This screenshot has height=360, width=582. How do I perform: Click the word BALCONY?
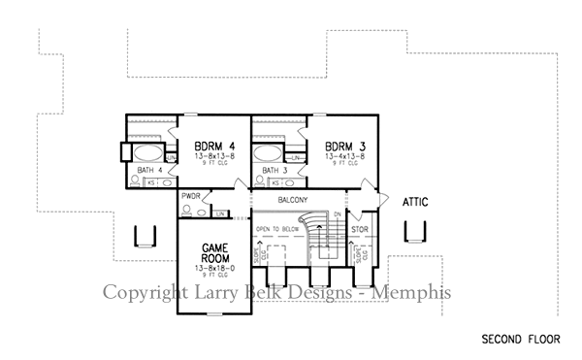[293, 200]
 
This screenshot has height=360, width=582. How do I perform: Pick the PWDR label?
[190, 196]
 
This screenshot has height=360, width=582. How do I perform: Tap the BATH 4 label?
[150, 170]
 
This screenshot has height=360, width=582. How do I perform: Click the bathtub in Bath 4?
[148, 153]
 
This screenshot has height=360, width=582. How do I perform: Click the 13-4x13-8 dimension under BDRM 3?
[346, 154]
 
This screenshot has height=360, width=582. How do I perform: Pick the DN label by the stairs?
[337, 214]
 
